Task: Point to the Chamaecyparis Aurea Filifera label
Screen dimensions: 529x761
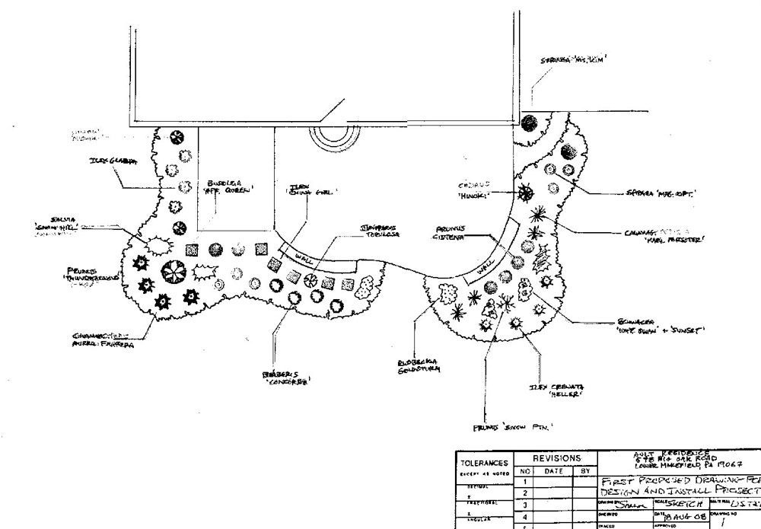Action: coord(100,339)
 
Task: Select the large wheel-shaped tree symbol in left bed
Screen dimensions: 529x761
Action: coord(172,272)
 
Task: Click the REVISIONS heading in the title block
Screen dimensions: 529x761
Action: coord(557,459)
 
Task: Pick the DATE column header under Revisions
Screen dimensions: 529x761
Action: coord(553,472)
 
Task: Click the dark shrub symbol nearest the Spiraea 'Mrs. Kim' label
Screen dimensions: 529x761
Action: coord(530,122)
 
